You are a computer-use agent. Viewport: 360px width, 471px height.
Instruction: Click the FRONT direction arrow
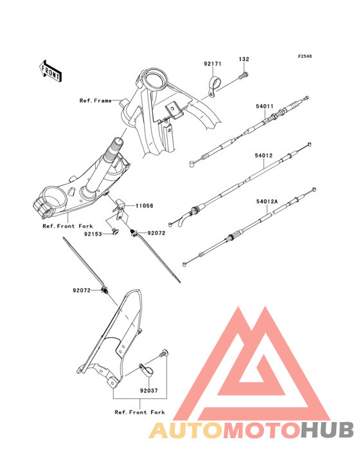51,71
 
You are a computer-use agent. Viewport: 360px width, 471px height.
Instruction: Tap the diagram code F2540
305,56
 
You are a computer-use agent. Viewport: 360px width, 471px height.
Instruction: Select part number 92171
213,64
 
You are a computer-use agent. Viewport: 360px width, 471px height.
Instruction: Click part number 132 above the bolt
244,59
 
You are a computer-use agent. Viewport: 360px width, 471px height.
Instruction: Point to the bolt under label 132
243,75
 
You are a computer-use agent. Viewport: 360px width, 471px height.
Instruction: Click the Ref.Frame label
95,100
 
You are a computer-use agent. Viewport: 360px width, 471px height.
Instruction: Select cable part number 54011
265,106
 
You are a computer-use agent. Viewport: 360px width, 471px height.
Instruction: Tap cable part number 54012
264,156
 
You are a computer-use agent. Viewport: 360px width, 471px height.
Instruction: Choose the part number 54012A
267,201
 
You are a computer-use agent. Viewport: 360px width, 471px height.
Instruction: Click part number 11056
144,206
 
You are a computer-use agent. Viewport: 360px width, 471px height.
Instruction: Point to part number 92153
93,234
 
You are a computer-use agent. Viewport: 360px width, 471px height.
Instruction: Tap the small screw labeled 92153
114,232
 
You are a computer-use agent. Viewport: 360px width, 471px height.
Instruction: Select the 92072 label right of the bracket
156,233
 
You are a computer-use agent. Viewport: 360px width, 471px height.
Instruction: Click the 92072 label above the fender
82,290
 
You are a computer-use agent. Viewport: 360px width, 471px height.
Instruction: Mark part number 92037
148,391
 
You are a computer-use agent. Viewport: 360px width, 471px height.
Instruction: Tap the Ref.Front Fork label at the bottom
139,412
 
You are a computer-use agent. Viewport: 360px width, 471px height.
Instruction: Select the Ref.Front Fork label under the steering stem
67,226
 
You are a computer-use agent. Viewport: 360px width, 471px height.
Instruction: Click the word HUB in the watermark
328,430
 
